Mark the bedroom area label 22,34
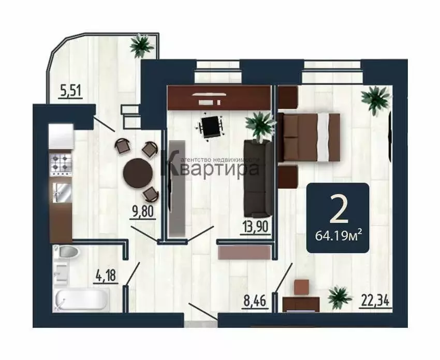[x=375, y=299]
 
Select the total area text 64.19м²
[x=338, y=237]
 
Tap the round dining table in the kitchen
[x=137, y=171]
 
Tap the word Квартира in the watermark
[x=217, y=169]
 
